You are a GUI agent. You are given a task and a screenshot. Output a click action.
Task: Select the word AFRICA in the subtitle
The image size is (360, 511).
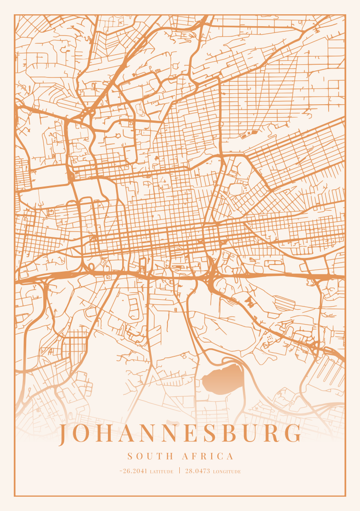(x=208, y=456)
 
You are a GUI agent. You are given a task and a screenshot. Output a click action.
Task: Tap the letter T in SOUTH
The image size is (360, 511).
(x=158, y=456)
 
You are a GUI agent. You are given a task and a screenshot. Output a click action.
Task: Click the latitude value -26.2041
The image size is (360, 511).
(x=134, y=471)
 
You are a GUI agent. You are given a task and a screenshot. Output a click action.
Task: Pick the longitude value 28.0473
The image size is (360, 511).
(x=198, y=471)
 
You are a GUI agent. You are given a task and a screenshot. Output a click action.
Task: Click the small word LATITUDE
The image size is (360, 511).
(x=162, y=472)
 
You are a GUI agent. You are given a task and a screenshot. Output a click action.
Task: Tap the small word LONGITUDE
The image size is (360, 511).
(x=227, y=472)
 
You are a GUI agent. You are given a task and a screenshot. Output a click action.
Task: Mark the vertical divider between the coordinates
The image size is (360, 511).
(x=180, y=471)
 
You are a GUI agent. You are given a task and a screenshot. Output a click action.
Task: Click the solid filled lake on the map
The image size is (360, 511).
(x=222, y=379)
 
